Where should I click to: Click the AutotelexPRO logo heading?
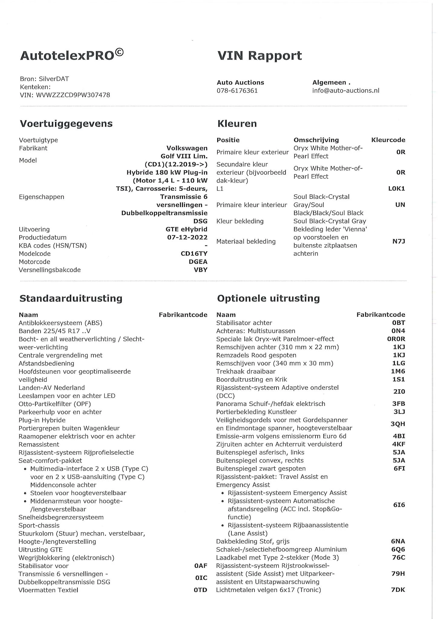tap(72, 55)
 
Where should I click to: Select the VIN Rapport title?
tap(260, 56)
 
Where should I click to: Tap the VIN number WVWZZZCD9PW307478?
tap(73, 95)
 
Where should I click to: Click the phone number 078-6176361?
tap(237, 91)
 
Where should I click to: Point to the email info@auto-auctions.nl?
tap(346, 91)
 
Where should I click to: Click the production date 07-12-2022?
tap(187, 237)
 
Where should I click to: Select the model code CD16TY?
tap(194, 254)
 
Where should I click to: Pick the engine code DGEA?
tap(198, 262)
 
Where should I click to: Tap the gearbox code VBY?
tap(201, 270)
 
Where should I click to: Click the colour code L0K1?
tap(396, 189)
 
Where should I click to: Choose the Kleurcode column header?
tap(388, 140)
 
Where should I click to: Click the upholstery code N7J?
tap(399, 241)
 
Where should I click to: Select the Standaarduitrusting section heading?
tap(71, 298)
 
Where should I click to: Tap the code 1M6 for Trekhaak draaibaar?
tap(398, 371)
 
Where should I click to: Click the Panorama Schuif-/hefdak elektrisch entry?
tap(270, 404)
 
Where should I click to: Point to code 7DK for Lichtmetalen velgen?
tap(398, 590)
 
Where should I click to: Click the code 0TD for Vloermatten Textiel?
tap(200, 590)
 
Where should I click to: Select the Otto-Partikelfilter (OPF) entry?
tap(55, 404)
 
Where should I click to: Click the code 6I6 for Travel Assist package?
tap(399, 505)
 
